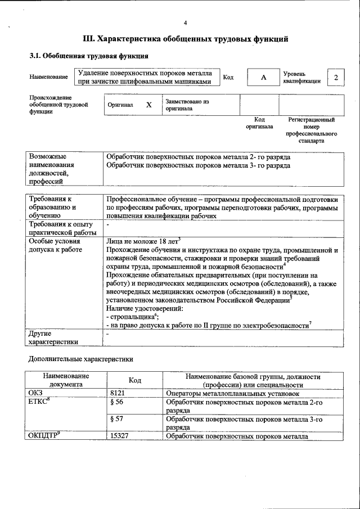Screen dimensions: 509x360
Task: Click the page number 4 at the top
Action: click(185, 23)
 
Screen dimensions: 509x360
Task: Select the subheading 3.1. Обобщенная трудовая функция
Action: click(88, 56)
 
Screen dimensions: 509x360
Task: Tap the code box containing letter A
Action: click(263, 78)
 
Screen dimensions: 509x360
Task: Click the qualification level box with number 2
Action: click(336, 77)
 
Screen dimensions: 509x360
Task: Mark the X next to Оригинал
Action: click(148, 105)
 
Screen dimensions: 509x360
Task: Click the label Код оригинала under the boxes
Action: click(259, 123)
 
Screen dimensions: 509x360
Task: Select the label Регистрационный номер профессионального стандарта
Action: click(311, 130)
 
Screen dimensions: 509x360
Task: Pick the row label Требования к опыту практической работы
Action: click(62, 229)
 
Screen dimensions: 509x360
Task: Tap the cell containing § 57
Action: click(117, 420)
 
